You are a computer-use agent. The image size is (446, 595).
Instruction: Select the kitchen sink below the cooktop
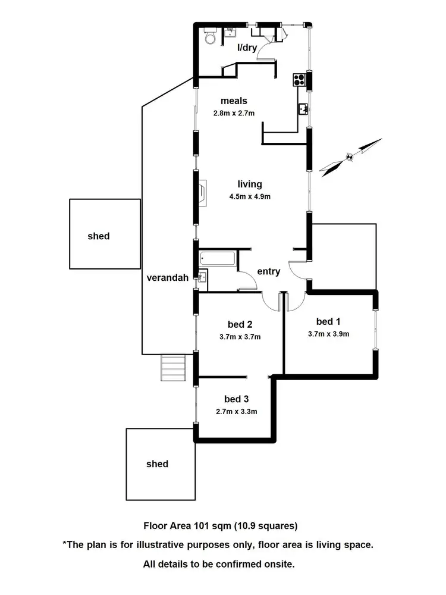(303, 109)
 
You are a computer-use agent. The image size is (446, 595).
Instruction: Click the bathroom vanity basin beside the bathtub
(202, 277)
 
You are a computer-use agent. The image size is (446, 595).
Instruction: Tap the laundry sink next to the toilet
(230, 31)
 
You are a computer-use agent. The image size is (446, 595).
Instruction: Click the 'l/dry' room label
(247, 48)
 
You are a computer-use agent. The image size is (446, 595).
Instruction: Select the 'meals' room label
(234, 101)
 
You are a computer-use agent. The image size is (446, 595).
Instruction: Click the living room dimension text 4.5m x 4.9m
(250, 196)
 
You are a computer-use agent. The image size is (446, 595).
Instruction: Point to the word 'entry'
(268, 271)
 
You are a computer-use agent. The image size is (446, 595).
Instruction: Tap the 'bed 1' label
(328, 321)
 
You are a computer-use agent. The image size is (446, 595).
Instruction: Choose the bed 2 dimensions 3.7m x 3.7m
(240, 336)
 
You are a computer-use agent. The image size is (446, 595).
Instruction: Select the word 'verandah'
(168, 277)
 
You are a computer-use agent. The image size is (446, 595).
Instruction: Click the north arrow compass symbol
(350, 158)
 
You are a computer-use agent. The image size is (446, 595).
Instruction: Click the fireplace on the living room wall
(203, 193)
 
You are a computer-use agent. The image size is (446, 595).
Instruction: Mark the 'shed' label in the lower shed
(157, 464)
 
